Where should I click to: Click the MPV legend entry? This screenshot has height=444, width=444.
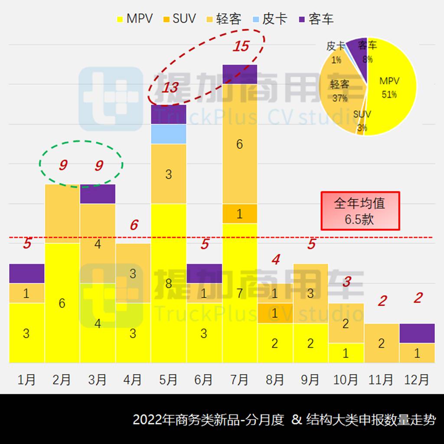click(135, 19)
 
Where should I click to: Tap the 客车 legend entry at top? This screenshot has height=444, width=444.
click(317, 19)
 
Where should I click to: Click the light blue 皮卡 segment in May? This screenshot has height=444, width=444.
click(169, 134)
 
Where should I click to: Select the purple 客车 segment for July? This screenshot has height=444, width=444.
click(240, 74)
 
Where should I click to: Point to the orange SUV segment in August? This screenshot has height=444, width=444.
click(275, 313)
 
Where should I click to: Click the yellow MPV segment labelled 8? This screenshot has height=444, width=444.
click(169, 283)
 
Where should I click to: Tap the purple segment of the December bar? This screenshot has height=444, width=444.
click(417, 333)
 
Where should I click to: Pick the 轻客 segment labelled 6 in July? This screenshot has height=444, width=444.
click(240, 144)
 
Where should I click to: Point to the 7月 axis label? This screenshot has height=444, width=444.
click(239, 380)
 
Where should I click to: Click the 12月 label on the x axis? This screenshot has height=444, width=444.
click(417, 380)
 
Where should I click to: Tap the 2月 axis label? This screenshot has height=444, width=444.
click(62, 380)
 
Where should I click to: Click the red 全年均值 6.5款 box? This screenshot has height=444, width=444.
click(359, 211)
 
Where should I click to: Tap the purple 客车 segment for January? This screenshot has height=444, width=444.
click(26, 273)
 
